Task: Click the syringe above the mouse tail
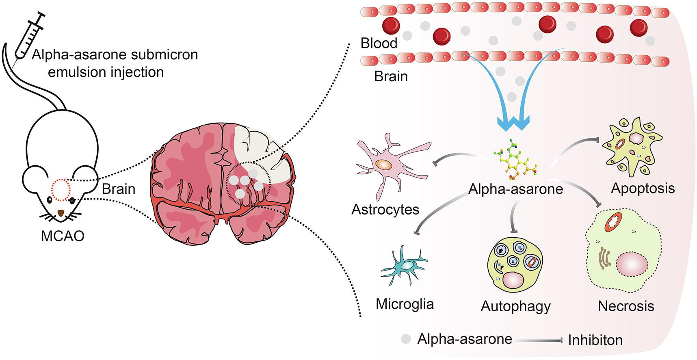click(28, 35)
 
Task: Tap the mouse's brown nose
click(61, 213)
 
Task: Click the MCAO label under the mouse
click(63, 236)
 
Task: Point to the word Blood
click(379, 43)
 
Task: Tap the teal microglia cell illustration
click(404, 266)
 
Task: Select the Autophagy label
click(515, 306)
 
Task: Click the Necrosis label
click(626, 306)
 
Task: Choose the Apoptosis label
click(643, 188)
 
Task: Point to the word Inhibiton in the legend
click(595, 340)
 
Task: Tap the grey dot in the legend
click(406, 339)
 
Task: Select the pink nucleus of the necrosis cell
click(632, 265)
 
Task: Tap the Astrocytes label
click(385, 209)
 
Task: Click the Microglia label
click(405, 304)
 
